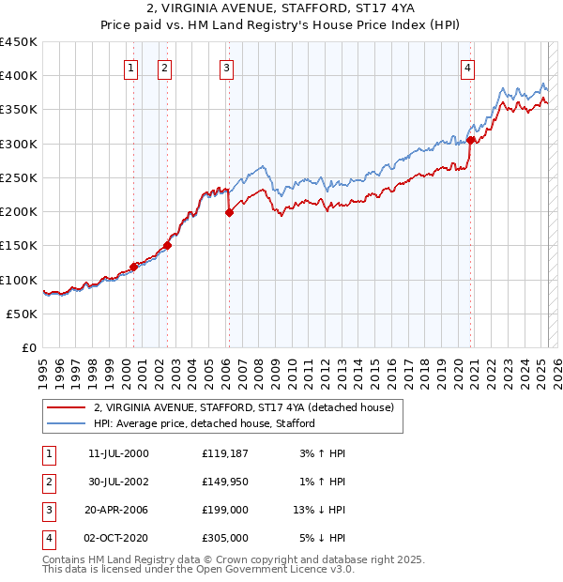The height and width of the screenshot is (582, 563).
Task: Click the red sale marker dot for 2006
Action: pyautogui.click(x=229, y=213)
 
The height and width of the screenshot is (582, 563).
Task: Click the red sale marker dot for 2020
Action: pyautogui.click(x=470, y=141)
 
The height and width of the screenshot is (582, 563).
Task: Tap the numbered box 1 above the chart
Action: pyautogui.click(x=130, y=67)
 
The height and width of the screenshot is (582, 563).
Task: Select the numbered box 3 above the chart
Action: pyautogui.click(x=227, y=67)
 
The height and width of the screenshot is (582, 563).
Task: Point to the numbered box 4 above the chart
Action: pyautogui.click(x=467, y=67)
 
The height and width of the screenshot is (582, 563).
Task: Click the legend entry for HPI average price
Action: pyautogui.click(x=204, y=423)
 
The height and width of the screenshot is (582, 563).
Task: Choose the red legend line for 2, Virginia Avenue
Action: pyautogui.click(x=66, y=408)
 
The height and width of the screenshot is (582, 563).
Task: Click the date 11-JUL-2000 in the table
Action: pyautogui.click(x=118, y=453)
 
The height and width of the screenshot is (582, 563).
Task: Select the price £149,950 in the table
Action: pyautogui.click(x=224, y=482)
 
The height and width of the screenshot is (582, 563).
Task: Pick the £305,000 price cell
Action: pyautogui.click(x=224, y=538)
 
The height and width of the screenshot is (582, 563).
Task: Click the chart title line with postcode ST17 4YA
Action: pyautogui.click(x=281, y=11)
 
